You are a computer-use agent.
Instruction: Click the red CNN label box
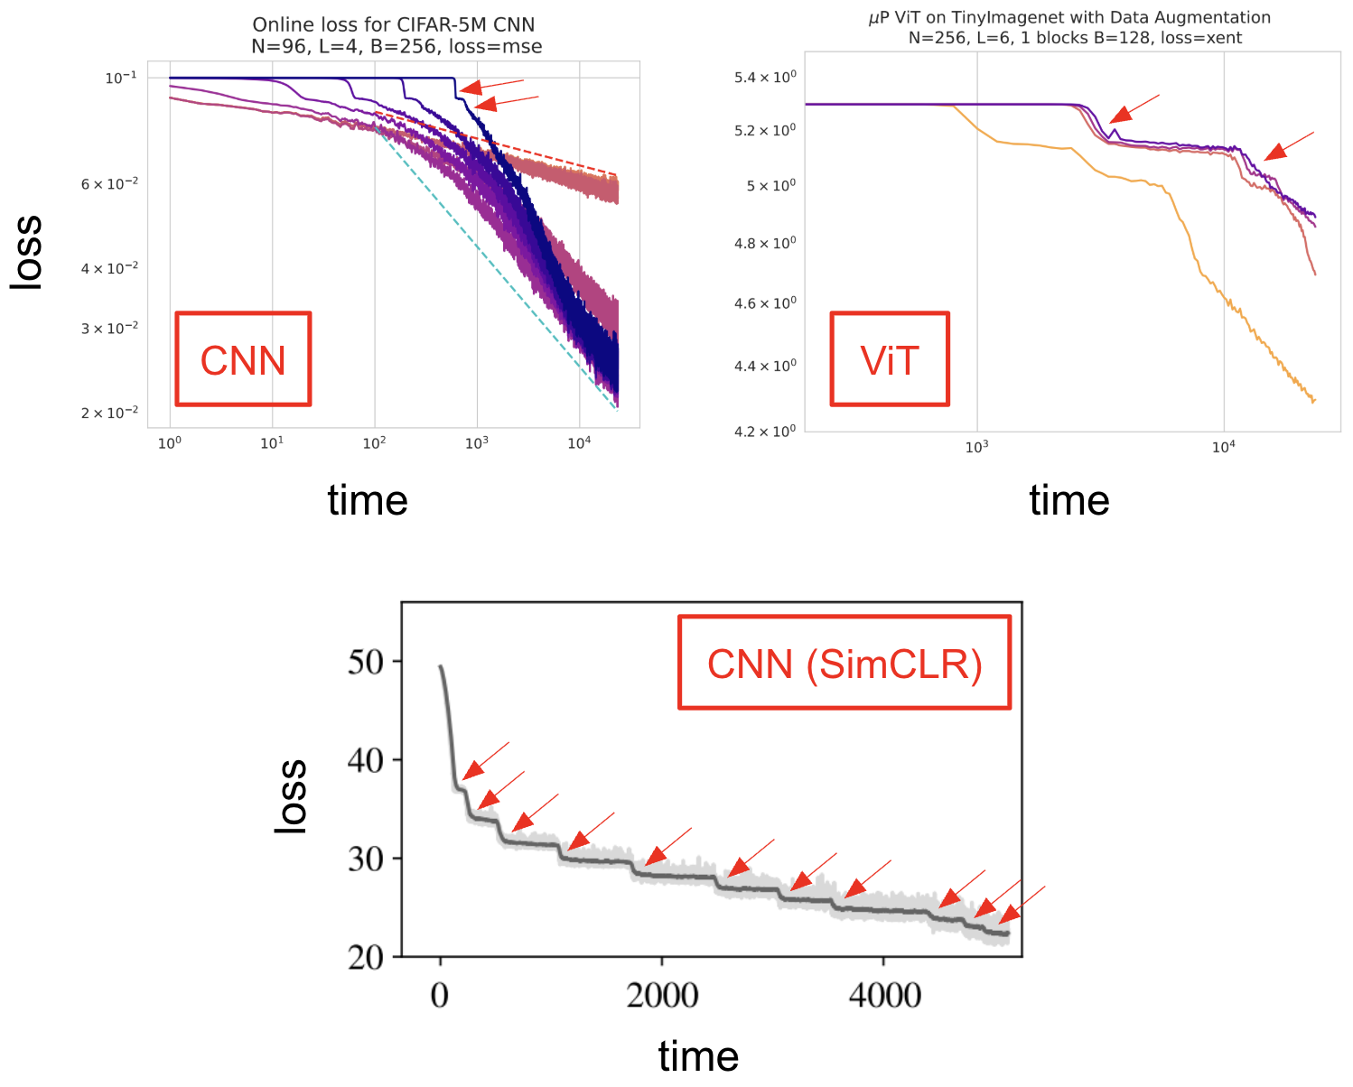[243, 359]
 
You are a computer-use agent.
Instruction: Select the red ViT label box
[890, 359]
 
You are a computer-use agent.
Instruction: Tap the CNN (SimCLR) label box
[844, 664]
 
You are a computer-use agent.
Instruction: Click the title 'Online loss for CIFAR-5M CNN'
[394, 24]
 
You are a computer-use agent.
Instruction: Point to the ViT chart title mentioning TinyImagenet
[1069, 17]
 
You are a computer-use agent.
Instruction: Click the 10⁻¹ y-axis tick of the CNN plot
[121, 78]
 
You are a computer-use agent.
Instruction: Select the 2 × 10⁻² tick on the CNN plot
[109, 413]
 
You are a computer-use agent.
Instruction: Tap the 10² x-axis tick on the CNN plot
[375, 443]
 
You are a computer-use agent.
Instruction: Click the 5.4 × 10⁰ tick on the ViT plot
[765, 78]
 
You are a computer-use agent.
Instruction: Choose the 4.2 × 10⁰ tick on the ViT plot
[765, 432]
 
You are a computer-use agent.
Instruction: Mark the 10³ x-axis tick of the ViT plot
[976, 447]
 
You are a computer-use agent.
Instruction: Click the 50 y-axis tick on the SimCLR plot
[366, 662]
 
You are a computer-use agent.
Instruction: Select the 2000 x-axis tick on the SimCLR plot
[662, 995]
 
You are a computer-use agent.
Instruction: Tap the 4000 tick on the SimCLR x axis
[884, 995]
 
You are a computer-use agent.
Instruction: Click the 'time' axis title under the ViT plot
[1068, 500]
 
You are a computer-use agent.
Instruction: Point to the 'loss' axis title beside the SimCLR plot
[291, 795]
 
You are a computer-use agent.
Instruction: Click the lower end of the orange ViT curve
[1313, 400]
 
